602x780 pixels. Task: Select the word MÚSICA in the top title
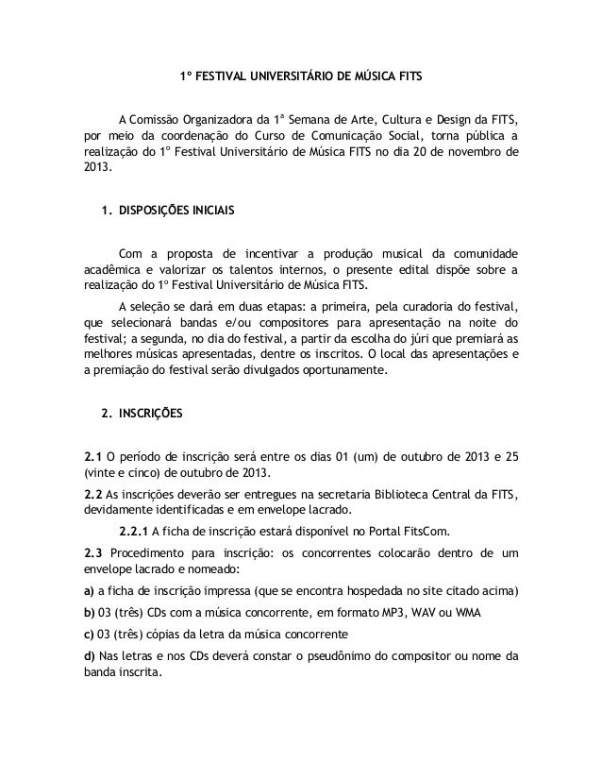pyautogui.click(x=360, y=76)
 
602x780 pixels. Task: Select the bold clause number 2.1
pyautogui.click(x=93, y=458)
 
